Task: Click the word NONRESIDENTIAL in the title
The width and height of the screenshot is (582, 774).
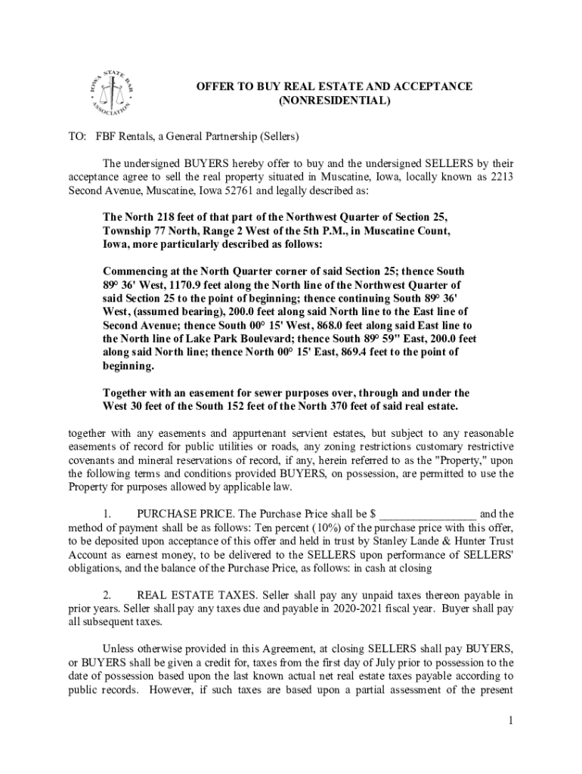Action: point(335,100)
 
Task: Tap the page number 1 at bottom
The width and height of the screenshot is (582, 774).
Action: point(511,720)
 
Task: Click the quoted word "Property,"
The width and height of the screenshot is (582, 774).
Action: point(438,460)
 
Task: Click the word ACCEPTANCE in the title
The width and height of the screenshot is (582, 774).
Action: point(430,86)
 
